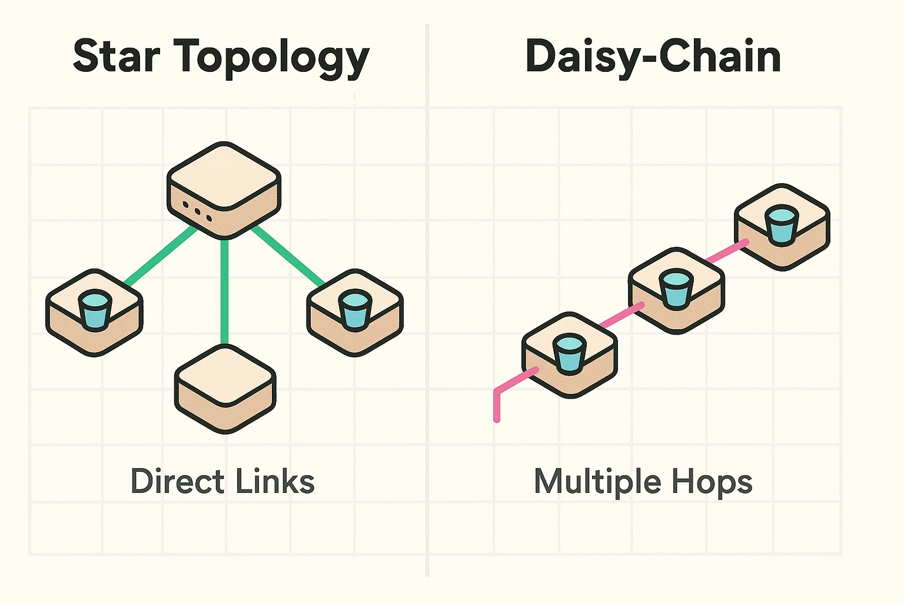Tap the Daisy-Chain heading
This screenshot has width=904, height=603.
pos(653,58)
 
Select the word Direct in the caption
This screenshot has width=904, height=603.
pos(177,481)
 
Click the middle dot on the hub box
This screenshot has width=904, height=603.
pos(197,211)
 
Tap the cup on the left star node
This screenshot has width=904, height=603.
pos(94,309)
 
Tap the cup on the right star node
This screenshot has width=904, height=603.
pos(354,310)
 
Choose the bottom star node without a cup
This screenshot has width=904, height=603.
pos(225,389)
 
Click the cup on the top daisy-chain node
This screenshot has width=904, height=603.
pos(782,224)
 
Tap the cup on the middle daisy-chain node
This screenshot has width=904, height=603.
pos(675,289)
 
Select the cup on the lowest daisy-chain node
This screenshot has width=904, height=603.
pos(569,353)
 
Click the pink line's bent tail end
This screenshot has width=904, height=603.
pos(497,412)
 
